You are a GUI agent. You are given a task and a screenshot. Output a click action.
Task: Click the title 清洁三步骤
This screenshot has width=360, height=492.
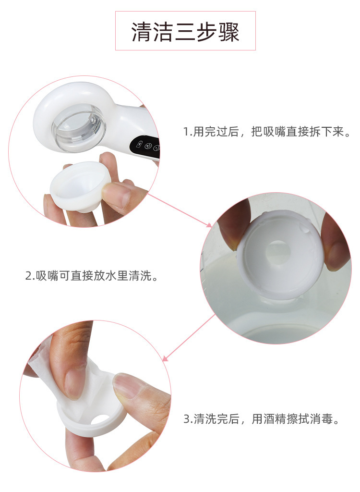[x=185, y=32]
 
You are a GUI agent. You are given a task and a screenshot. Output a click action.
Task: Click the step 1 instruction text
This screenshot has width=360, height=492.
[x=267, y=132]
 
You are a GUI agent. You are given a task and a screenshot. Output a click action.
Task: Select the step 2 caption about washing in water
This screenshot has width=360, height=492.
[x=92, y=275]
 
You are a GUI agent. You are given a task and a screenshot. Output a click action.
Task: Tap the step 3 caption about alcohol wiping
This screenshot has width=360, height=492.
[x=262, y=418]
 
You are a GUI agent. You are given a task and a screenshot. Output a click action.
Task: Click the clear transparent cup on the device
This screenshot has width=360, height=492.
[x=78, y=127]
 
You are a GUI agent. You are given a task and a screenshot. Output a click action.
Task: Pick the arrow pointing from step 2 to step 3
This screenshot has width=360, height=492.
[x=189, y=338]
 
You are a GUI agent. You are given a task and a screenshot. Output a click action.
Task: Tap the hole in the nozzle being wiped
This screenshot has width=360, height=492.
[x=100, y=418]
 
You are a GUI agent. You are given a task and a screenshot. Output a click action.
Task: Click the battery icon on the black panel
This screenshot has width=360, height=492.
[x=139, y=145]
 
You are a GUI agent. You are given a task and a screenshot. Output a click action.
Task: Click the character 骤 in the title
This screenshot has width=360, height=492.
[x=229, y=32]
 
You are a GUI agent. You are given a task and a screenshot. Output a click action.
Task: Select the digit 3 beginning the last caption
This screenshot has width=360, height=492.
[x=187, y=419]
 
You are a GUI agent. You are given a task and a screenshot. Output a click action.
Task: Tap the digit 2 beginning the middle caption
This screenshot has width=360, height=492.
[x=28, y=276]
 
